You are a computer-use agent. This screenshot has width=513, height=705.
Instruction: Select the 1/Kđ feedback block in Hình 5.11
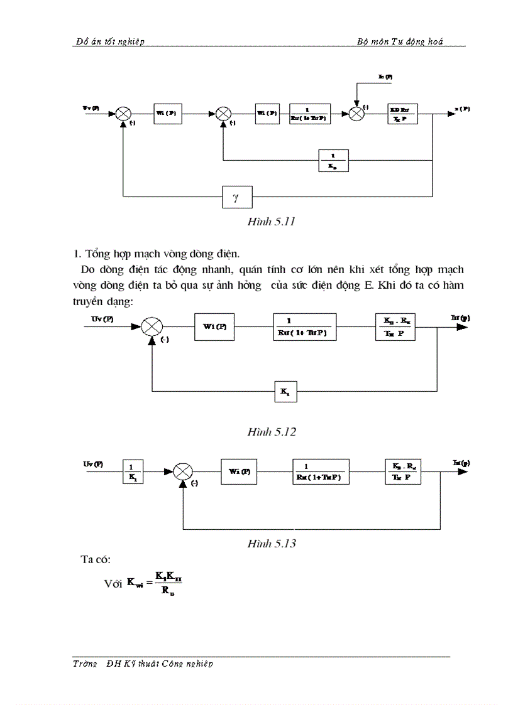(x=333, y=161)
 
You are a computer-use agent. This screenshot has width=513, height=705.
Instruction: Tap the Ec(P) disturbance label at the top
(x=385, y=76)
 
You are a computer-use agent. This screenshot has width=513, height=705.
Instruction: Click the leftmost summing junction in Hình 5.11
(x=123, y=114)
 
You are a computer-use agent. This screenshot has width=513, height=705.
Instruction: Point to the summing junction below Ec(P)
(x=356, y=114)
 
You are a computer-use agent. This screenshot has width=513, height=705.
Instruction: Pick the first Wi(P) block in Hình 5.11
(x=167, y=114)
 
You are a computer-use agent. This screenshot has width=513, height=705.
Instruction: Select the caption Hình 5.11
(x=272, y=222)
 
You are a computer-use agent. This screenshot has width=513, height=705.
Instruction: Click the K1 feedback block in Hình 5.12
(x=285, y=392)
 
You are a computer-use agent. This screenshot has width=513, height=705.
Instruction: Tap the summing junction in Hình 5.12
(x=152, y=327)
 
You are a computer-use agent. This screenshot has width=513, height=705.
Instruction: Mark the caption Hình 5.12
(x=272, y=432)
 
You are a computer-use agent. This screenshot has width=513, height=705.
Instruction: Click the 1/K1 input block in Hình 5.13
(x=133, y=472)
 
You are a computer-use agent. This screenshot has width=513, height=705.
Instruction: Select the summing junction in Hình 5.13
(x=183, y=471)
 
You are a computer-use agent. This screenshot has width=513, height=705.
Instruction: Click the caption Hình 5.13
(x=272, y=543)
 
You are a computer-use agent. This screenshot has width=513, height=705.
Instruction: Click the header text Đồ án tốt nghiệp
(x=109, y=41)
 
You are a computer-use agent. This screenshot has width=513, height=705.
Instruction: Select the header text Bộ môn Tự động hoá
(x=400, y=41)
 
